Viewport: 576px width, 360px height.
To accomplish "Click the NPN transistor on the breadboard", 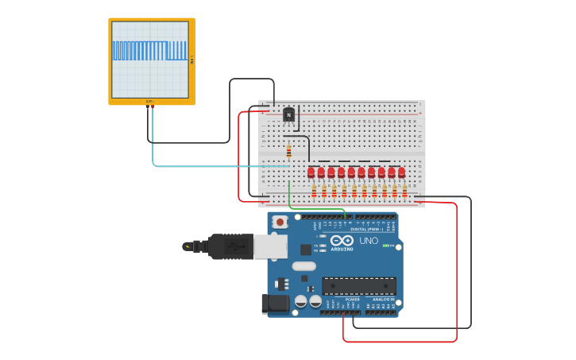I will click(x=288, y=115).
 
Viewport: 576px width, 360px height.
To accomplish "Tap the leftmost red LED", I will click(x=311, y=172).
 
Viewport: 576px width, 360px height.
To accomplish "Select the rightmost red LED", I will click(x=401, y=172).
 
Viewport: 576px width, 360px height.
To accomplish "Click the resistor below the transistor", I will click(x=288, y=151).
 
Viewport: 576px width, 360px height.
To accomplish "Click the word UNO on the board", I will click(x=369, y=241).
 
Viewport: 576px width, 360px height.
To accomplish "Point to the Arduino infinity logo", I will click(x=342, y=241).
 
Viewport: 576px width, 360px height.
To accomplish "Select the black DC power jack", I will click(x=274, y=303).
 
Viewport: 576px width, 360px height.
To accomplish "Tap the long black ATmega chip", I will click(x=358, y=286).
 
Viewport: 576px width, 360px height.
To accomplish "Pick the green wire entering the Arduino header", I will click(x=318, y=209).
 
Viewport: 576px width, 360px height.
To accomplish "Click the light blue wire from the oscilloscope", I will click(x=207, y=166).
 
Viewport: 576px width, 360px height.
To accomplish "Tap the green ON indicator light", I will click(x=386, y=246).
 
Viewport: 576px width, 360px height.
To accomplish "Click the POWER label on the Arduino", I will click(x=352, y=300).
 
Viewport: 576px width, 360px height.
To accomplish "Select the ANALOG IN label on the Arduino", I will click(x=385, y=300).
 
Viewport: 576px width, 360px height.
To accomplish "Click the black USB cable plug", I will click(x=230, y=246).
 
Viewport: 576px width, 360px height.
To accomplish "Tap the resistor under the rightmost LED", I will click(x=404, y=191).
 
